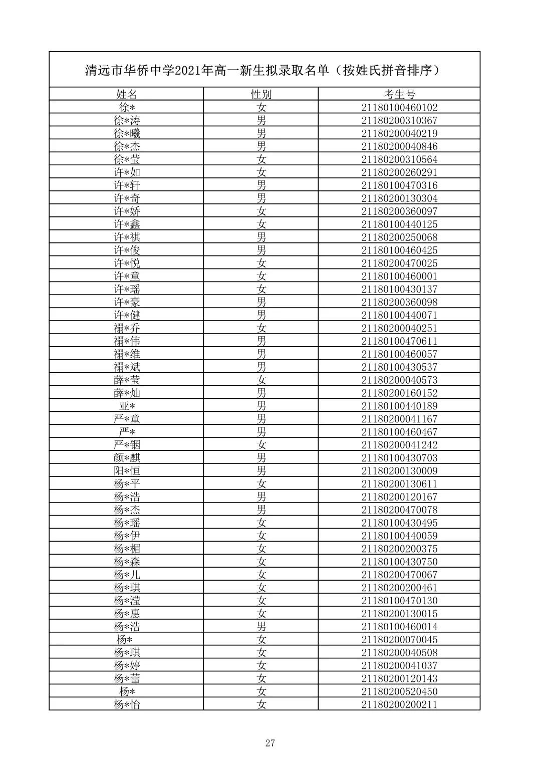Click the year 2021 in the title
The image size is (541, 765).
187,71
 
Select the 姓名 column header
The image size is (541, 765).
127,94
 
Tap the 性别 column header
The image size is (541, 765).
261,94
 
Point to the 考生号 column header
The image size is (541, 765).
399,94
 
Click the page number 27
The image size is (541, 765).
270,743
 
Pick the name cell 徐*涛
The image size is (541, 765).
127,120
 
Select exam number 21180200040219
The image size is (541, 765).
399,133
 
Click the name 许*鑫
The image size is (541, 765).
127,224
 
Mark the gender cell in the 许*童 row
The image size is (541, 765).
261,276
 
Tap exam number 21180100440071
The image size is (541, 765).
399,315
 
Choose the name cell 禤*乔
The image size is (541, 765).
127,328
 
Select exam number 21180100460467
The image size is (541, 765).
399,432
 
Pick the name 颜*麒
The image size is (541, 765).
127,458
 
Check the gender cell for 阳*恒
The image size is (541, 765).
261,471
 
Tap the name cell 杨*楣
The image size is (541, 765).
127,549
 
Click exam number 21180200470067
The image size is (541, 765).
399,575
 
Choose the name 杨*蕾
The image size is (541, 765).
127,678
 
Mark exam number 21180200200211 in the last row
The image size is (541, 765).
399,704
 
